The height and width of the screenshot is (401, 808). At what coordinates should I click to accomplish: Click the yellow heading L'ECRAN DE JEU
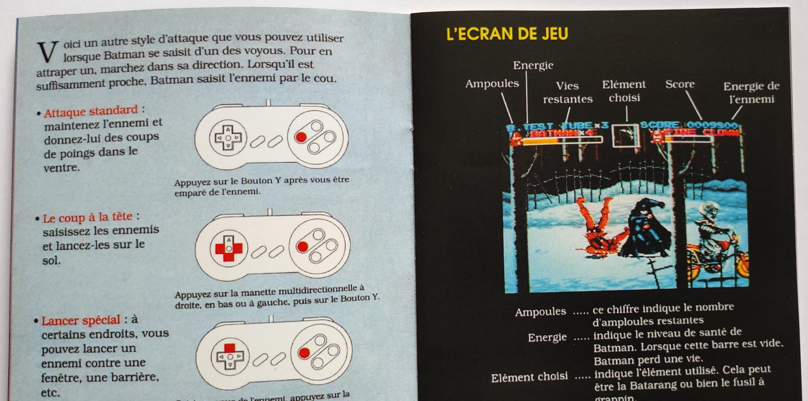click(507, 34)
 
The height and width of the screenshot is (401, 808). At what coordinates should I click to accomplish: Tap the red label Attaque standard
click(91, 110)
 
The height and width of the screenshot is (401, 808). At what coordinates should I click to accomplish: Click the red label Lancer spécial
click(81, 320)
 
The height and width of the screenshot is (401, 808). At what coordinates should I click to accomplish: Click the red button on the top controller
click(301, 137)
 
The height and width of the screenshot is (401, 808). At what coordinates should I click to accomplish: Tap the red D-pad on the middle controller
click(228, 247)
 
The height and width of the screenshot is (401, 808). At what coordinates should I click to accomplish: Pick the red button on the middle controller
click(303, 246)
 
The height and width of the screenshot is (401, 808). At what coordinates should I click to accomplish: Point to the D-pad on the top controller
click(227, 137)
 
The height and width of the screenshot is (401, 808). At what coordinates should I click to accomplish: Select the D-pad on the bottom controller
click(228, 355)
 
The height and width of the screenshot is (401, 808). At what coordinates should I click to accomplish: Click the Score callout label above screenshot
click(680, 84)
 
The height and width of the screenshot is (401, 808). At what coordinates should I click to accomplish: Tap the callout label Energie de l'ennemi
click(751, 93)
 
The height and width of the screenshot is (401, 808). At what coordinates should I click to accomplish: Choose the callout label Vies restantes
click(568, 93)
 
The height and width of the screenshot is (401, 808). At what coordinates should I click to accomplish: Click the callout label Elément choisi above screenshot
click(624, 91)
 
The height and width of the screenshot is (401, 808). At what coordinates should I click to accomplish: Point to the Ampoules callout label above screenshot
click(492, 84)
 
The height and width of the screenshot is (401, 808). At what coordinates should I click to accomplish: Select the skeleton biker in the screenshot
click(715, 240)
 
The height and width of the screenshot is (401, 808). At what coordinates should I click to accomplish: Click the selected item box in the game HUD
click(625, 135)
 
